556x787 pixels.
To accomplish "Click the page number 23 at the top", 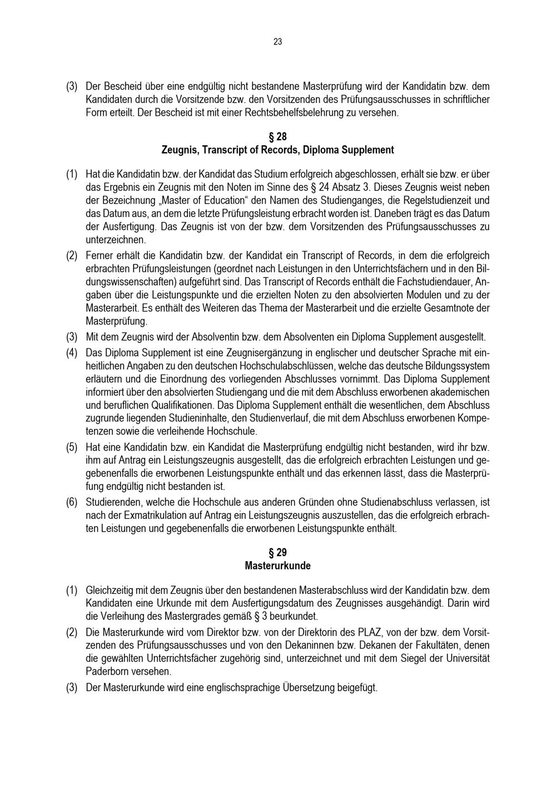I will (277, 42).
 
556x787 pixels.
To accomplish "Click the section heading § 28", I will (277, 137).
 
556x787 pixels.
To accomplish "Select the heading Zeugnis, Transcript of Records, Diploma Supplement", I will (277, 150).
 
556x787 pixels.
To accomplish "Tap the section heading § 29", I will (277, 553).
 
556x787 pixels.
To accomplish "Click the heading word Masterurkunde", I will (277, 566).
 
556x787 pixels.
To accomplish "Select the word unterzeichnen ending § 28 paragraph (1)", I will (115, 240).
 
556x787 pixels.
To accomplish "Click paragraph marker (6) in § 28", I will (72, 502).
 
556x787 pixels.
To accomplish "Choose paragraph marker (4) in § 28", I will (72, 353).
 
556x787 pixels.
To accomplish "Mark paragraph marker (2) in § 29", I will (72, 633).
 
